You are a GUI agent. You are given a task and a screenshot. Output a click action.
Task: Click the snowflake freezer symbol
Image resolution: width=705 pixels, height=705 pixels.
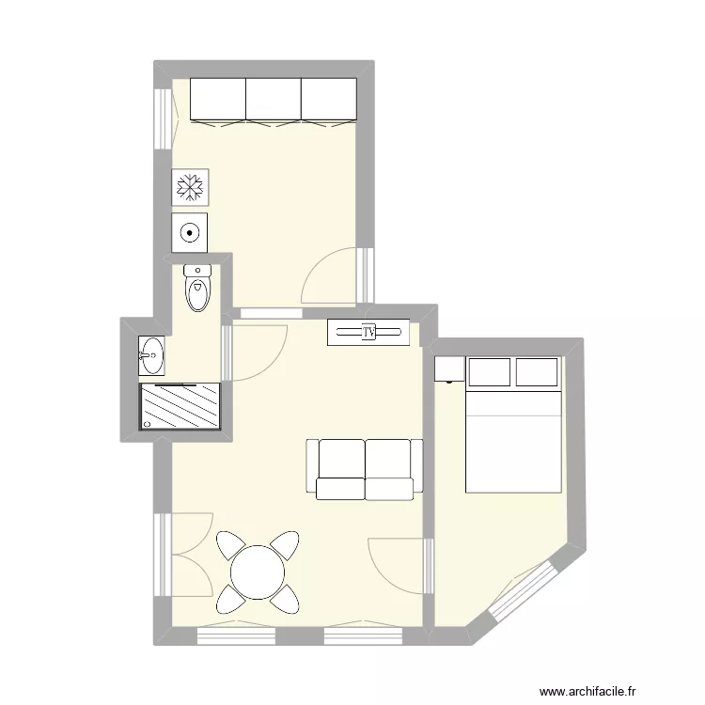(x=190, y=187)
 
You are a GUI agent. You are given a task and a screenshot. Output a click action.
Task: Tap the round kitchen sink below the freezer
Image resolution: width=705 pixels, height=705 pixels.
(x=189, y=233)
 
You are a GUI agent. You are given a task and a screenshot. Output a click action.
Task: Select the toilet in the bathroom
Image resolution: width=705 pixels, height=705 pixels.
(x=197, y=289)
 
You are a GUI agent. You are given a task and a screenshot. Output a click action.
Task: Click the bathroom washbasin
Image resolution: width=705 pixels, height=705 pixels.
(x=151, y=355)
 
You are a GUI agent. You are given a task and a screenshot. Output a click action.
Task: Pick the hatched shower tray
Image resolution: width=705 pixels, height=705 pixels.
(x=180, y=406)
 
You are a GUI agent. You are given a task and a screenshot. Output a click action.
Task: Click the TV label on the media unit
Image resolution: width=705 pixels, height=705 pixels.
(x=368, y=332)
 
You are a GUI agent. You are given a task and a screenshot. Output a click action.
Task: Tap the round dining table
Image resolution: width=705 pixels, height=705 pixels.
(x=258, y=572)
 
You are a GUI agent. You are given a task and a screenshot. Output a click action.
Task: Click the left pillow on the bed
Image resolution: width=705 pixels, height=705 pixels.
(x=489, y=372)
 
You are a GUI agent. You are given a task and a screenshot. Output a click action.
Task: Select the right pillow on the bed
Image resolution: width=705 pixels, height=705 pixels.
(x=537, y=372)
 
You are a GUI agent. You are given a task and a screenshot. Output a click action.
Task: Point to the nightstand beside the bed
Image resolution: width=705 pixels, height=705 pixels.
(x=449, y=369)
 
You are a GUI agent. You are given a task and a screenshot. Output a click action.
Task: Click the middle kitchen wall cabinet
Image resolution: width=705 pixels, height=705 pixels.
(x=274, y=100)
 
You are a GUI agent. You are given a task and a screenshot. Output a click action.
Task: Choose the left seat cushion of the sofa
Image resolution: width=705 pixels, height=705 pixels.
(x=341, y=489)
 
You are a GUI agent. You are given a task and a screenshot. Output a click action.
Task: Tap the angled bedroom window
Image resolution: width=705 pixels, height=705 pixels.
(x=523, y=590)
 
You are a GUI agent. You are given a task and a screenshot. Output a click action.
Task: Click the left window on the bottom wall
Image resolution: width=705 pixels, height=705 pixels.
(x=237, y=636)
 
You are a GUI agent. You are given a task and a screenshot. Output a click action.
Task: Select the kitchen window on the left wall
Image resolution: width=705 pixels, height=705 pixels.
(x=163, y=118)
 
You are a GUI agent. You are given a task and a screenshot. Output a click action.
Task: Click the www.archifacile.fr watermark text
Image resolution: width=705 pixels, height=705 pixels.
(x=587, y=692)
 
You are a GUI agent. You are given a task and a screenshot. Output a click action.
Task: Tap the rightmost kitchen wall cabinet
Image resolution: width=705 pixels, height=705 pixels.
(x=329, y=100)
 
